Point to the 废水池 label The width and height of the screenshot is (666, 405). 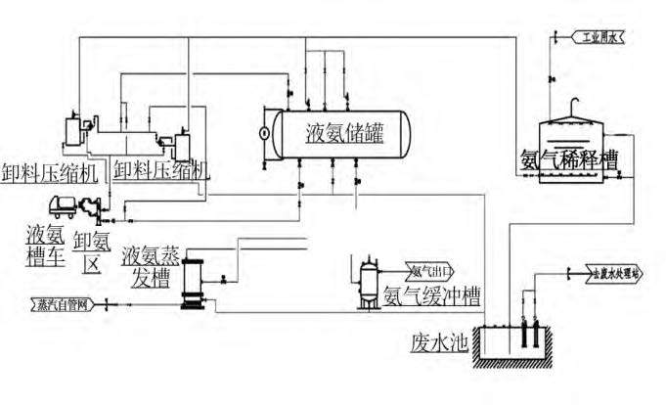[433, 343]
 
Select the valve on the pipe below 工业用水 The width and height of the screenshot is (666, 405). [554, 78]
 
